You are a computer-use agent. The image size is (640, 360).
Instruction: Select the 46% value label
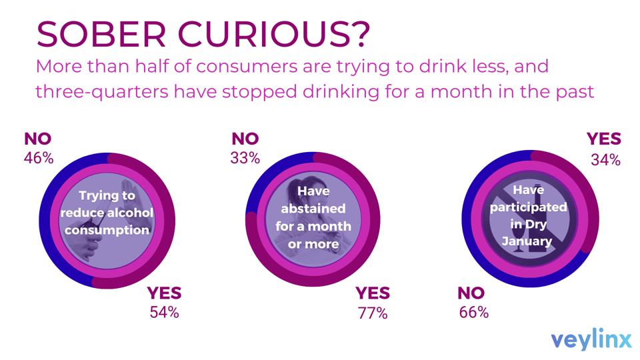pyautogui.click(x=39, y=158)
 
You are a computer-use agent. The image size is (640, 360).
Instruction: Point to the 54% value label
pyautogui.click(x=163, y=311)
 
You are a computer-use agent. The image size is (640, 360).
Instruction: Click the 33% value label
pyautogui.click(x=245, y=158)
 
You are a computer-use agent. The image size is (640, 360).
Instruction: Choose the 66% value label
pyautogui.click(x=474, y=311)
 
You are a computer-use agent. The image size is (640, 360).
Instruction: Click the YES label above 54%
pyautogui.click(x=164, y=293)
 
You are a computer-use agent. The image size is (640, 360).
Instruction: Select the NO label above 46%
pyautogui.click(x=38, y=139)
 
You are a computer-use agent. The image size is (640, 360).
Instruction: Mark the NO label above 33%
pyautogui.click(x=245, y=139)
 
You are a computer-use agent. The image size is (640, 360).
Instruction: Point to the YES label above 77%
pyautogui.click(x=372, y=293)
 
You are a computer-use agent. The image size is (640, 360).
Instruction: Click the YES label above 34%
pyautogui.click(x=604, y=139)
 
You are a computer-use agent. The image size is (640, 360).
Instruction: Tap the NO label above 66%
pyautogui.click(x=471, y=293)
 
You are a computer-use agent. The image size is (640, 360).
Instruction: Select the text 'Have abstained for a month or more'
pyautogui.click(x=313, y=217)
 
